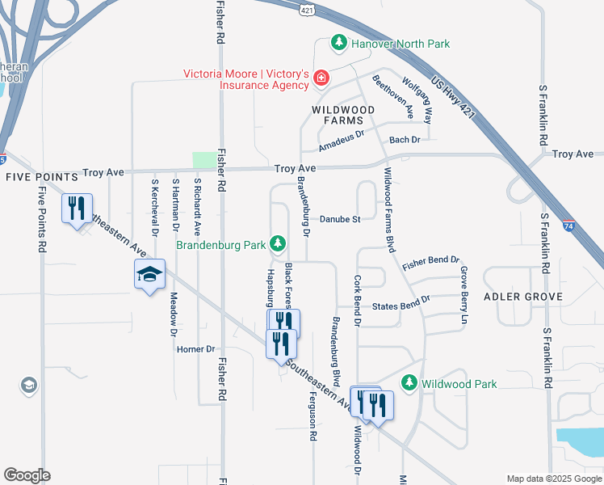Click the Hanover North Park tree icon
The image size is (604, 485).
[x=339, y=43]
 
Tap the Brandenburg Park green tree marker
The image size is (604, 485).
[x=279, y=242]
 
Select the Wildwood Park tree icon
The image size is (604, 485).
[x=409, y=383]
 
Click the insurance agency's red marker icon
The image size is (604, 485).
[x=321, y=78]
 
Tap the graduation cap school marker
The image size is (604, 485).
[x=150, y=275]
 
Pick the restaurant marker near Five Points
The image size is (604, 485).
[x=77, y=209]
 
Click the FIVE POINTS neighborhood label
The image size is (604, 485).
[x=40, y=175]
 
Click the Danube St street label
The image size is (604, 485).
[x=338, y=219]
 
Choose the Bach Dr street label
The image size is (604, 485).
[x=405, y=140]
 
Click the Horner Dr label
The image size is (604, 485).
[x=198, y=349]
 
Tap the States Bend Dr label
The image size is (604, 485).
[x=401, y=306]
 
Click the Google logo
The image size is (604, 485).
[x=27, y=474]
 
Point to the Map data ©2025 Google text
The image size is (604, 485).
[x=552, y=478]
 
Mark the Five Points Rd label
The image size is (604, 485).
[x=41, y=219]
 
